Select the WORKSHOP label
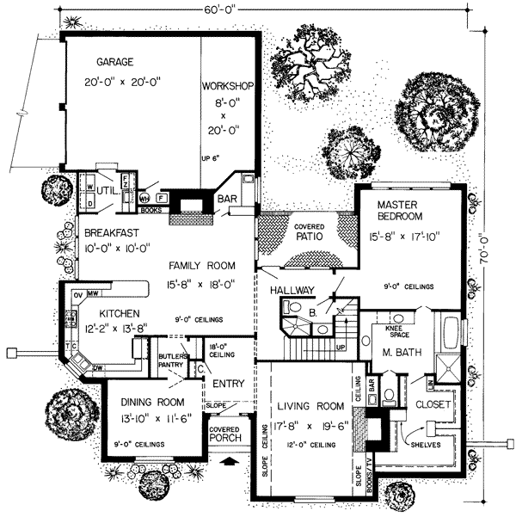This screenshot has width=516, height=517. point(227,87)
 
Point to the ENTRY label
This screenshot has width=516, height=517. point(230,383)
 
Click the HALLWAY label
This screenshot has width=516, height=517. point(291,291)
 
